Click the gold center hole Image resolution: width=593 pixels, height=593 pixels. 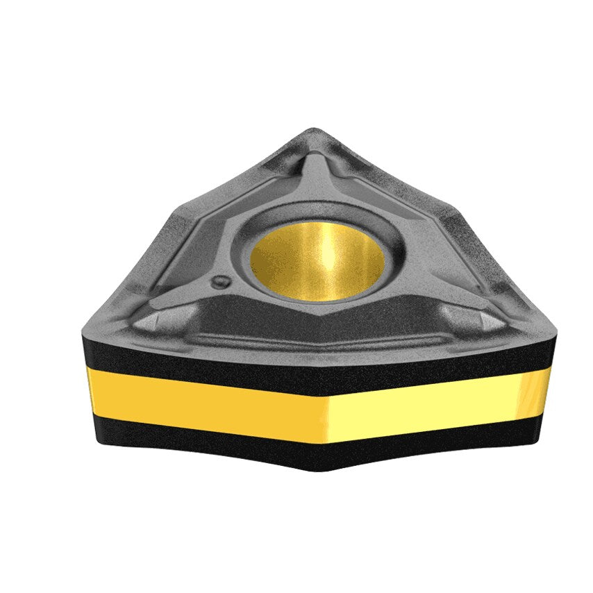(317, 260)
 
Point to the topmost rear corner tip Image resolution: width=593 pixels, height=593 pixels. (314, 130)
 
